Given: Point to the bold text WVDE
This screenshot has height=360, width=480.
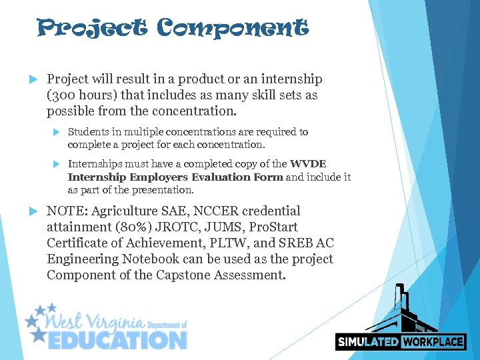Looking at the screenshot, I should [309, 164].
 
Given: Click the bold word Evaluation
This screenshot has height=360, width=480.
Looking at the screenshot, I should [219, 177].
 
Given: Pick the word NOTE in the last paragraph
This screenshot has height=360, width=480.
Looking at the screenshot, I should [65, 211].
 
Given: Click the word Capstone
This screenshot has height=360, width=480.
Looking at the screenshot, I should [180, 275].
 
